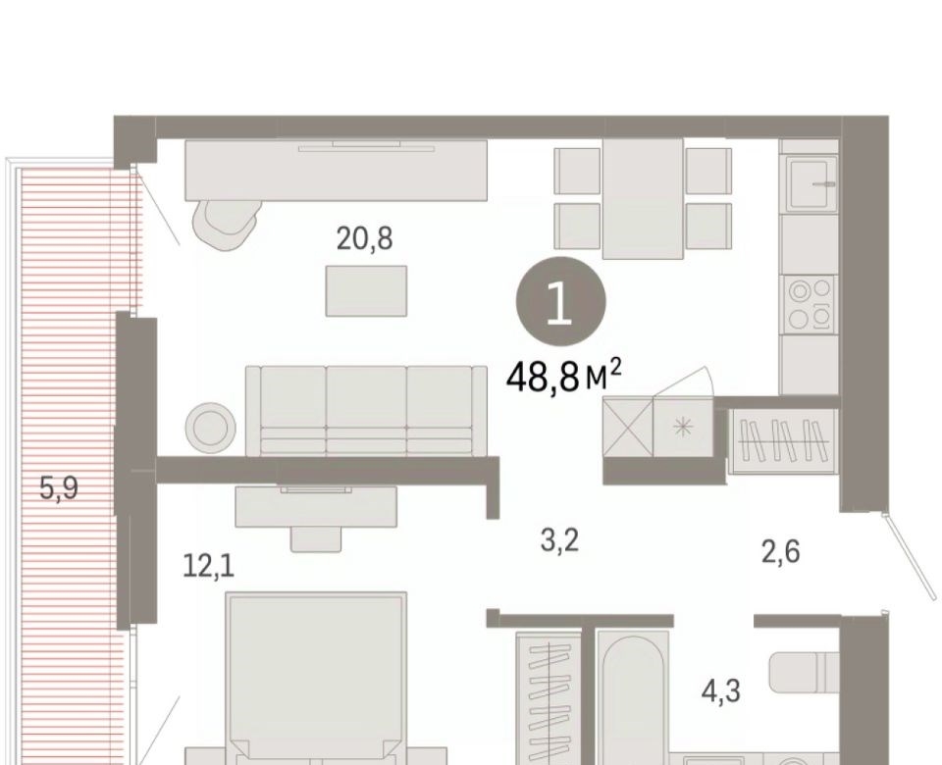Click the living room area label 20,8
(x=365, y=238)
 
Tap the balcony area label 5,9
(x=58, y=487)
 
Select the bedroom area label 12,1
(x=208, y=566)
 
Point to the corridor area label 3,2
(x=559, y=539)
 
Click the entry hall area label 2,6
(x=781, y=551)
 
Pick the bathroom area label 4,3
(x=721, y=690)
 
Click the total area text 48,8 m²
(x=563, y=376)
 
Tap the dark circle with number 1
(x=560, y=301)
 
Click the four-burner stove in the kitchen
(x=809, y=304)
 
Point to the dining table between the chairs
(x=643, y=199)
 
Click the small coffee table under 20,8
(x=366, y=291)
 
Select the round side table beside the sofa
(x=210, y=427)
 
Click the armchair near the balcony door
(x=227, y=222)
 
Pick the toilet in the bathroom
(x=804, y=673)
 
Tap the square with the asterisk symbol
(x=683, y=427)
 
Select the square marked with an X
(x=628, y=429)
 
